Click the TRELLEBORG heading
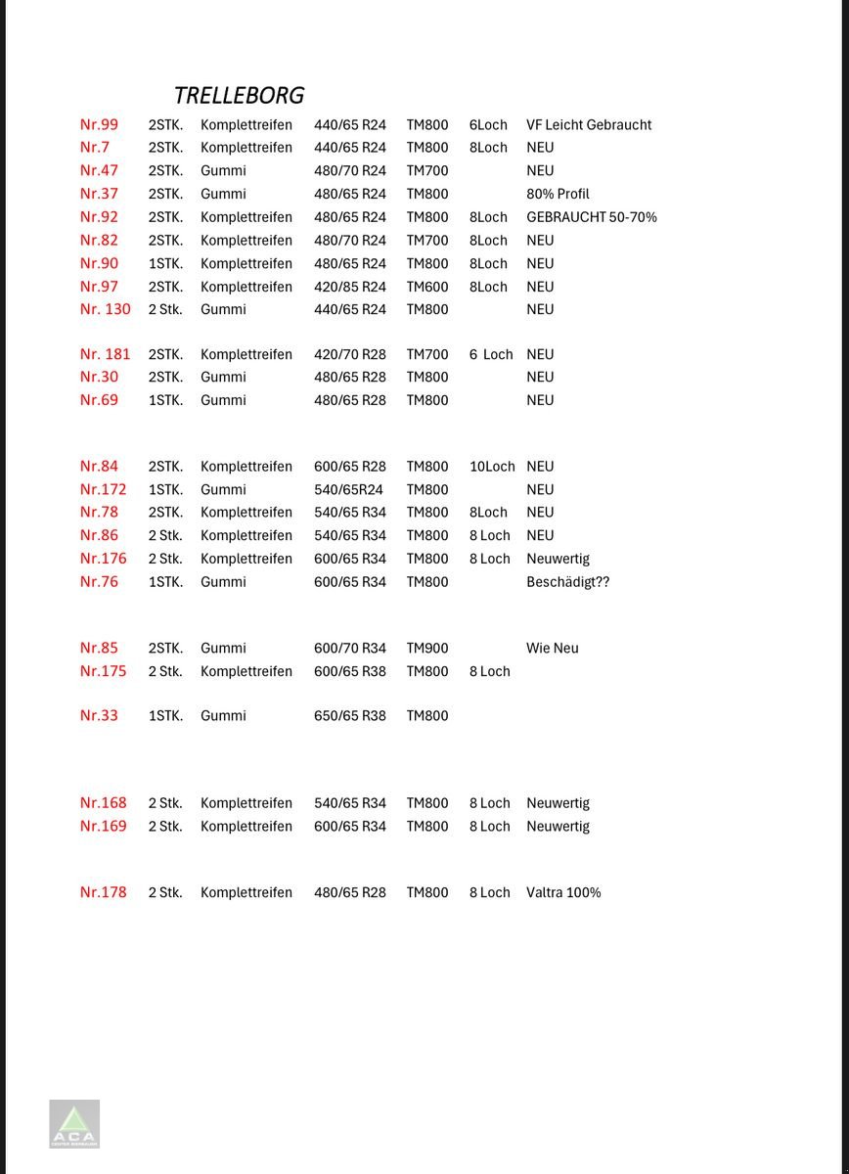pyautogui.click(x=239, y=95)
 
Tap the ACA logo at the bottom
pyautogui.click(x=74, y=1124)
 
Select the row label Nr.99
pyautogui.click(x=99, y=124)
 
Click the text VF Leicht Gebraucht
pyautogui.click(x=588, y=124)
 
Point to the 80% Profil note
pyautogui.click(x=558, y=194)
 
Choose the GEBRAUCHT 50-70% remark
pyautogui.click(x=591, y=217)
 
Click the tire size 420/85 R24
pyautogui.click(x=349, y=287)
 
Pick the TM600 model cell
pyautogui.click(x=427, y=287)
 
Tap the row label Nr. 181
pyautogui.click(x=105, y=354)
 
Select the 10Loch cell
pyautogui.click(x=491, y=467)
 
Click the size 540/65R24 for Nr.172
pyautogui.click(x=348, y=489)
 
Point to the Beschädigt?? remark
pyautogui.click(x=567, y=582)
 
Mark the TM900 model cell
pyautogui.click(x=427, y=648)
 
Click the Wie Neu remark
pyautogui.click(x=552, y=648)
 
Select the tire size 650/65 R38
pyautogui.click(x=349, y=716)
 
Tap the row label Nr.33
pyautogui.click(x=99, y=716)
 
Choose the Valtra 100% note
pyautogui.click(x=563, y=892)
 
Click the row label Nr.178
pyautogui.click(x=103, y=892)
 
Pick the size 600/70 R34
pyautogui.click(x=349, y=648)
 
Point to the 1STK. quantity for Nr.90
pyautogui.click(x=165, y=263)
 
